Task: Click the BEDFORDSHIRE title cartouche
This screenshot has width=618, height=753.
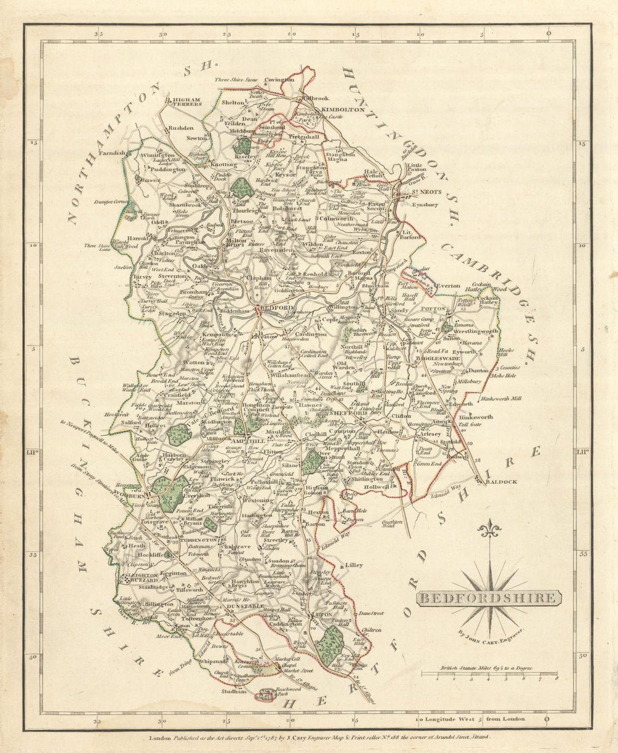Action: tap(489, 598)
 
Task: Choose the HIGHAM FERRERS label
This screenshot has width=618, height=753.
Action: tap(187, 101)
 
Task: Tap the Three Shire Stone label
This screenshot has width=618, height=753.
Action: tap(235, 80)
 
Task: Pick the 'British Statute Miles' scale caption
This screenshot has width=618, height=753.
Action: tap(488, 668)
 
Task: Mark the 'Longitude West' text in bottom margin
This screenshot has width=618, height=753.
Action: tap(450, 719)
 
